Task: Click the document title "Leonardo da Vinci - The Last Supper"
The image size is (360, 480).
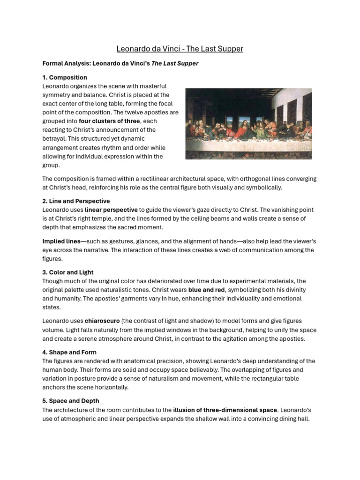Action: click(180, 49)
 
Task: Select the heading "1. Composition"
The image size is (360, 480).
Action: click(65, 77)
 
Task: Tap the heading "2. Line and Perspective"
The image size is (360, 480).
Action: click(75, 201)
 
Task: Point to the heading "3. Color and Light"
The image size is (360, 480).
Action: click(67, 272)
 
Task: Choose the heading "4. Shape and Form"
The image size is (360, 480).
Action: click(69, 352)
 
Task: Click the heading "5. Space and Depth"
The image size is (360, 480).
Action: click(70, 401)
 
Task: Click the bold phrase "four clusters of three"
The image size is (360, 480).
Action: click(109, 121)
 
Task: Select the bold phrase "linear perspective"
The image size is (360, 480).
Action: click(111, 210)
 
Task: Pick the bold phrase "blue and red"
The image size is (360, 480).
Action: click(207, 290)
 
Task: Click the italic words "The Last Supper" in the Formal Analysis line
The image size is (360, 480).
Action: click(174, 64)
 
